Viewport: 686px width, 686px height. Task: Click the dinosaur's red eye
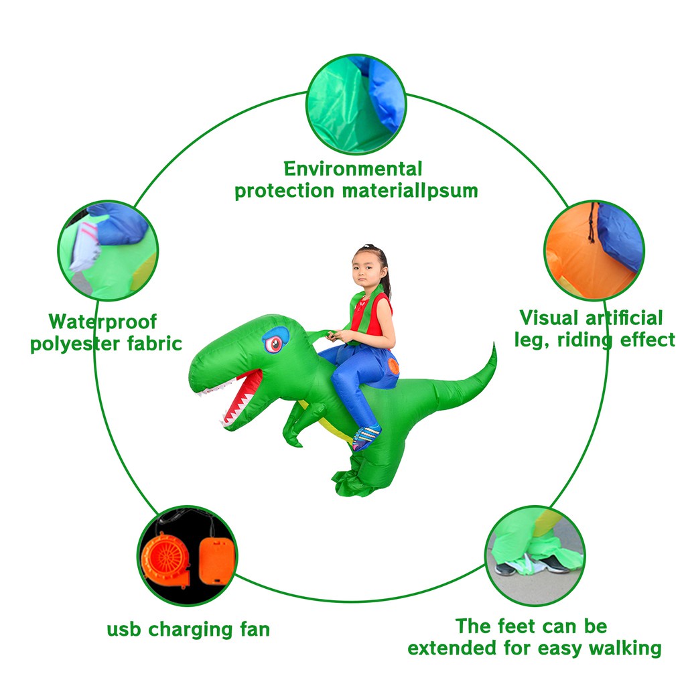(x=274, y=344)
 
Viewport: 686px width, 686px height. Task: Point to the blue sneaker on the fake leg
(x=366, y=437)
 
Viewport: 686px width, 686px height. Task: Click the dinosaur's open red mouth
(x=242, y=395)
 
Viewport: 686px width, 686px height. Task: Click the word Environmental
(x=353, y=168)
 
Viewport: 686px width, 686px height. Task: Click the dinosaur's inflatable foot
(x=353, y=482)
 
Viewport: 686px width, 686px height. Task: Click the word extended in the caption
(x=450, y=648)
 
